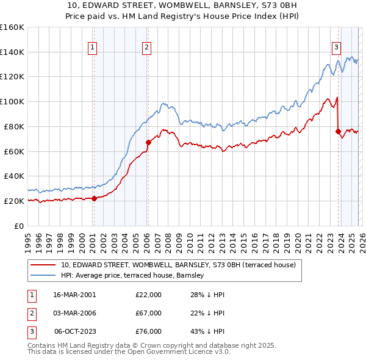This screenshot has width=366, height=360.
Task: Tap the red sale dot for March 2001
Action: [94, 198]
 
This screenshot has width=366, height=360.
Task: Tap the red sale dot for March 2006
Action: [148, 142]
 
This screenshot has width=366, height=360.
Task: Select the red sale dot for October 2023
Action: [338, 131]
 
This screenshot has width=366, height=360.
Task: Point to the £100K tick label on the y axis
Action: [12, 101]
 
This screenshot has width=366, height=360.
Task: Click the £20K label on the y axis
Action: [14, 201]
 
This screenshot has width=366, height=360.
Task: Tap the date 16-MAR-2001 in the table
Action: [74, 295]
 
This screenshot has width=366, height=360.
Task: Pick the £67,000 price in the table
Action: [148, 313]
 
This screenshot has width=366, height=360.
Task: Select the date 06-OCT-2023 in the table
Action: [75, 331]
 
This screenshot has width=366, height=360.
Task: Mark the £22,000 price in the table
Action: [148, 295]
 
